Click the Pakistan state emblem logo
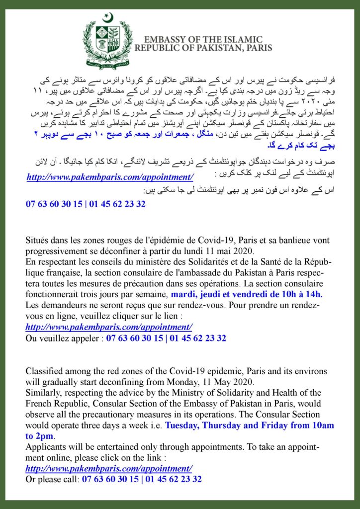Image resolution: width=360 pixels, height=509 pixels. [108, 38]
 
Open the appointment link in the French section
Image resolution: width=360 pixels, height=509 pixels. [108, 327]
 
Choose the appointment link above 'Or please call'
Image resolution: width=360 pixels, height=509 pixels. [108, 469]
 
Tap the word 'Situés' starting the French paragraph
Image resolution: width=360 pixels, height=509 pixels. [38, 240]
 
